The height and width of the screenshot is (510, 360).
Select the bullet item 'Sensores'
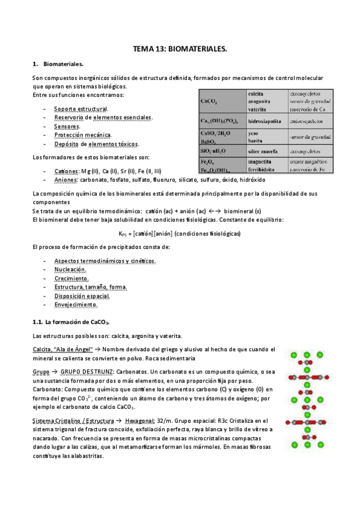click(67, 126)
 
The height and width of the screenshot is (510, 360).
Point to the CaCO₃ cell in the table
click(210, 102)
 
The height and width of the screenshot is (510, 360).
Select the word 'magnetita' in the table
click(262, 161)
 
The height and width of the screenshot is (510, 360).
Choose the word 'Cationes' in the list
click(66, 171)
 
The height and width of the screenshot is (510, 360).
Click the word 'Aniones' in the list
click(65, 180)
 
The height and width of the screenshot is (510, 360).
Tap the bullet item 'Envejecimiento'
click(76, 305)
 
